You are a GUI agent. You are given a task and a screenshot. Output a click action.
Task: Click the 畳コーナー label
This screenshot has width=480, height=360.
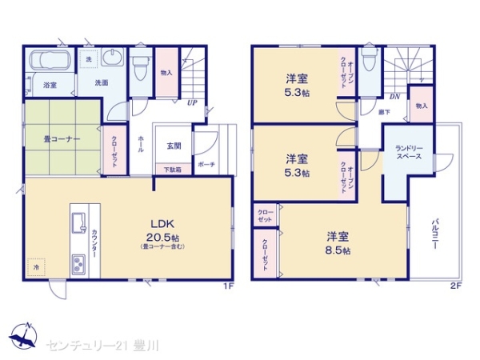(x=62, y=139)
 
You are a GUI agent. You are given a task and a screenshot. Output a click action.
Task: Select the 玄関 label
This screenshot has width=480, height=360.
(x=174, y=145)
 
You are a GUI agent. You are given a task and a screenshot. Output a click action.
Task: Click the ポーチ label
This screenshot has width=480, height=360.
(x=206, y=164)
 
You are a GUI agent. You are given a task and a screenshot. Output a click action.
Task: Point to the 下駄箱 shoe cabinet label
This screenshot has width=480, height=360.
(x=173, y=169)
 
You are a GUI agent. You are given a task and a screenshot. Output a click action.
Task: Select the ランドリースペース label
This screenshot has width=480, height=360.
(x=413, y=152)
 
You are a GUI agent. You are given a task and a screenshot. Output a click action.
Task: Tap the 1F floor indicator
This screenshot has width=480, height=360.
(x=229, y=285)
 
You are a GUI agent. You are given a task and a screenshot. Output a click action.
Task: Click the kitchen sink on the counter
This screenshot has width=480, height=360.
(x=80, y=225)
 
